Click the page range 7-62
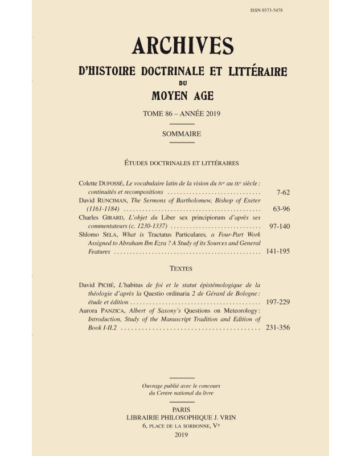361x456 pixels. pos(280,193)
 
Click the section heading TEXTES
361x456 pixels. pos(182,268)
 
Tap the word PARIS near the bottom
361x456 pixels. pos(182,409)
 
